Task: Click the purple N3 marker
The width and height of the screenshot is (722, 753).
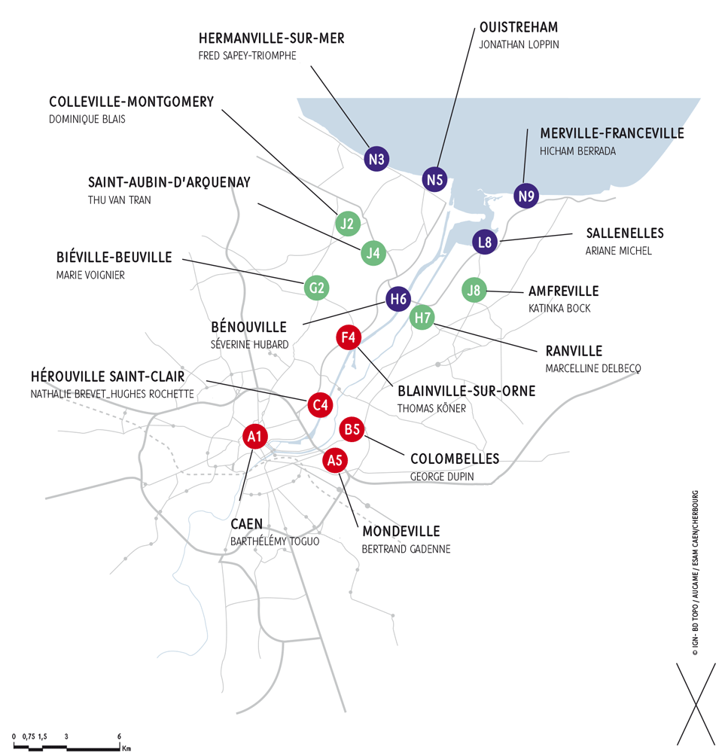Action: [x=377, y=159]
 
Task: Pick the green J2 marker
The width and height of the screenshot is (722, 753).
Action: [x=347, y=223]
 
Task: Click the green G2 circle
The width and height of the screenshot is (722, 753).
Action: [x=317, y=287]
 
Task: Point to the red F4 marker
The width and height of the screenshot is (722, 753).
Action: [x=348, y=337]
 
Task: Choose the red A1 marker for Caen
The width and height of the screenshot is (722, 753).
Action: [x=254, y=435]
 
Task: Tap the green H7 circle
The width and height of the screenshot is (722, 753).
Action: [x=423, y=318]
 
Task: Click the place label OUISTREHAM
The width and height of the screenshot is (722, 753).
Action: [x=519, y=28]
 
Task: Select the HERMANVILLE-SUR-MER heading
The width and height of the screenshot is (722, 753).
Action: [x=271, y=38]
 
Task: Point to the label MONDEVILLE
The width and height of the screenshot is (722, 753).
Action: [x=401, y=532]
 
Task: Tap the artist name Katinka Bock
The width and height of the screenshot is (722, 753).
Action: [x=559, y=308]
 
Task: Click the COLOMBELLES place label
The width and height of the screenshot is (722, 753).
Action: [x=455, y=459]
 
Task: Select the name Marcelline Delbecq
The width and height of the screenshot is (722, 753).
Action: [x=593, y=368]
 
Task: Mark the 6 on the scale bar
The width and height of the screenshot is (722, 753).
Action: [x=120, y=736]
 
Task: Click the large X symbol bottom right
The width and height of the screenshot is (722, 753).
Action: [x=696, y=705]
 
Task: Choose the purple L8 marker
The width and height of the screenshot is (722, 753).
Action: [x=486, y=242]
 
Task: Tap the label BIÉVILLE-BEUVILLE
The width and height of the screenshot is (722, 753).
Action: [x=114, y=258]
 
